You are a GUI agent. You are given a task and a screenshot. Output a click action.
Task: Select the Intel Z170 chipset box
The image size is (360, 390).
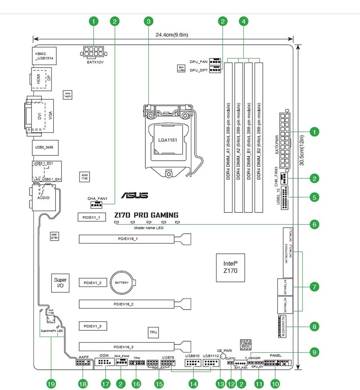(230, 267)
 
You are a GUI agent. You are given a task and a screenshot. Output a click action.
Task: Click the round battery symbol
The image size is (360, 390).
(122, 282)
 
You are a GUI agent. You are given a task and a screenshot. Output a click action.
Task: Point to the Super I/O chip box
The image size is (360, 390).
(60, 283)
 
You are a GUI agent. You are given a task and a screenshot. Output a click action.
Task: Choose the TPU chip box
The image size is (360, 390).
(153, 332)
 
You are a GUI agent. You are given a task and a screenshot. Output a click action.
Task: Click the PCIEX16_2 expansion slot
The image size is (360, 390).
(127, 303)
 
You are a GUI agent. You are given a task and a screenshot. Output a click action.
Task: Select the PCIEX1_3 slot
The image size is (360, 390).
(93, 326)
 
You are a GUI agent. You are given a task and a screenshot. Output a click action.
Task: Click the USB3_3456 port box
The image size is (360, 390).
(44, 148)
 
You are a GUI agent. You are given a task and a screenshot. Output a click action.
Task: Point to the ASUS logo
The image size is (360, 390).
(134, 195)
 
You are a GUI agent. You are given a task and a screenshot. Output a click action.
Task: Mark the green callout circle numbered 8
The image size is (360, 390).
(314, 327)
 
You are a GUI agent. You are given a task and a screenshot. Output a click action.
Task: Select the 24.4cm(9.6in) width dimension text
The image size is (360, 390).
(172, 35)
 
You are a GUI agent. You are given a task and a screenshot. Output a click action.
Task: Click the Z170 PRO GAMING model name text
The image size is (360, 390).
(146, 215)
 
